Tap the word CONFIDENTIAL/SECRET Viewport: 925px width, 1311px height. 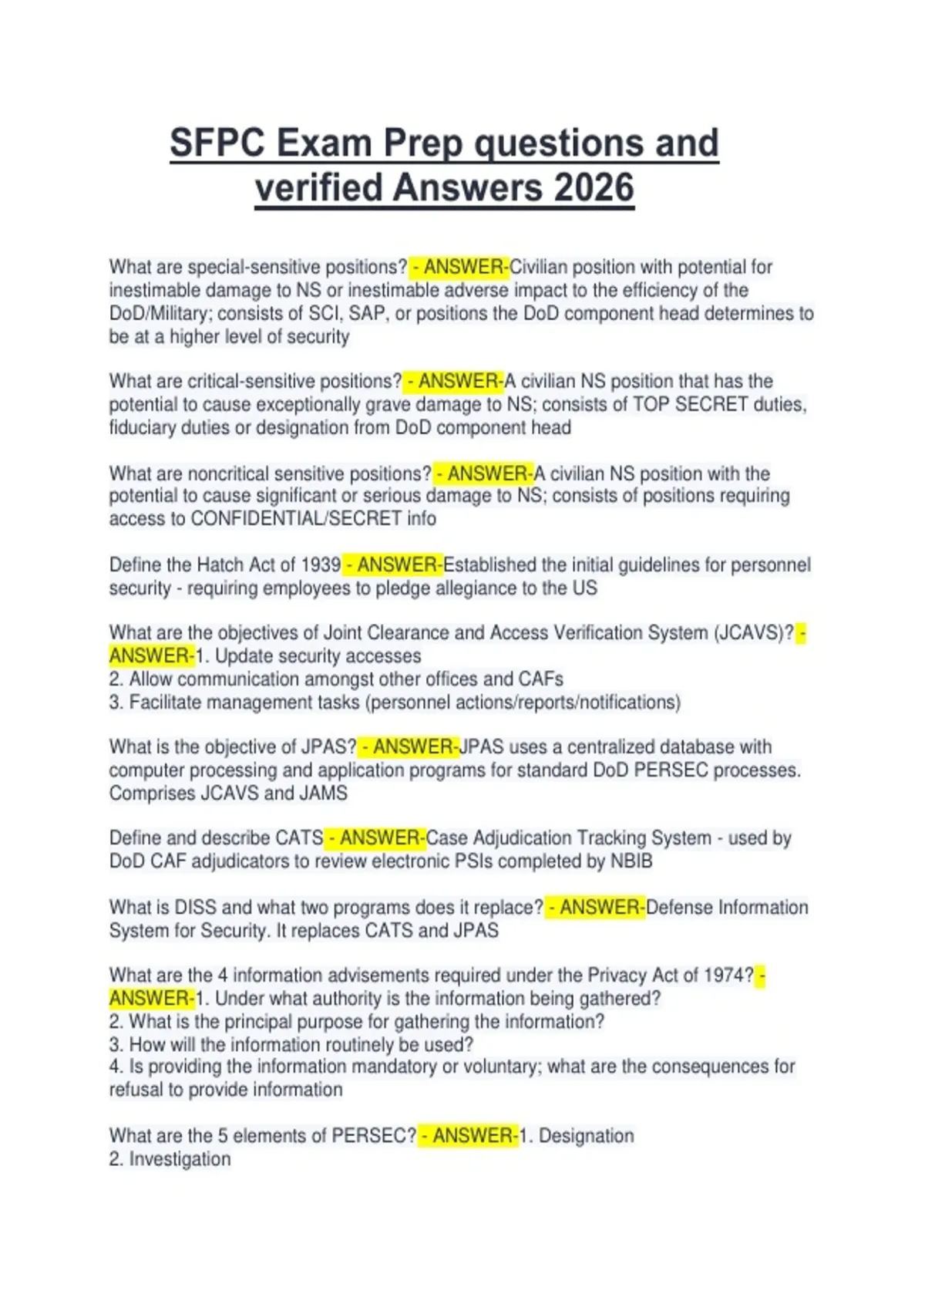[x=296, y=518]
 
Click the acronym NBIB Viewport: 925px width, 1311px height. [x=631, y=861]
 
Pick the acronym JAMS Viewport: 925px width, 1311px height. [x=323, y=793]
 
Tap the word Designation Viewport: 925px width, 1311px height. [x=586, y=1135]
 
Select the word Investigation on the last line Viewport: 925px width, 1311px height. [x=180, y=1158]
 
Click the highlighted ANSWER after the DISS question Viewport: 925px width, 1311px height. [x=600, y=907]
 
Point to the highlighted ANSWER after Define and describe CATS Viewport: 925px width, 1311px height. [x=381, y=837]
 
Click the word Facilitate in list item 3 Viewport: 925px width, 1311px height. [x=164, y=702]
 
